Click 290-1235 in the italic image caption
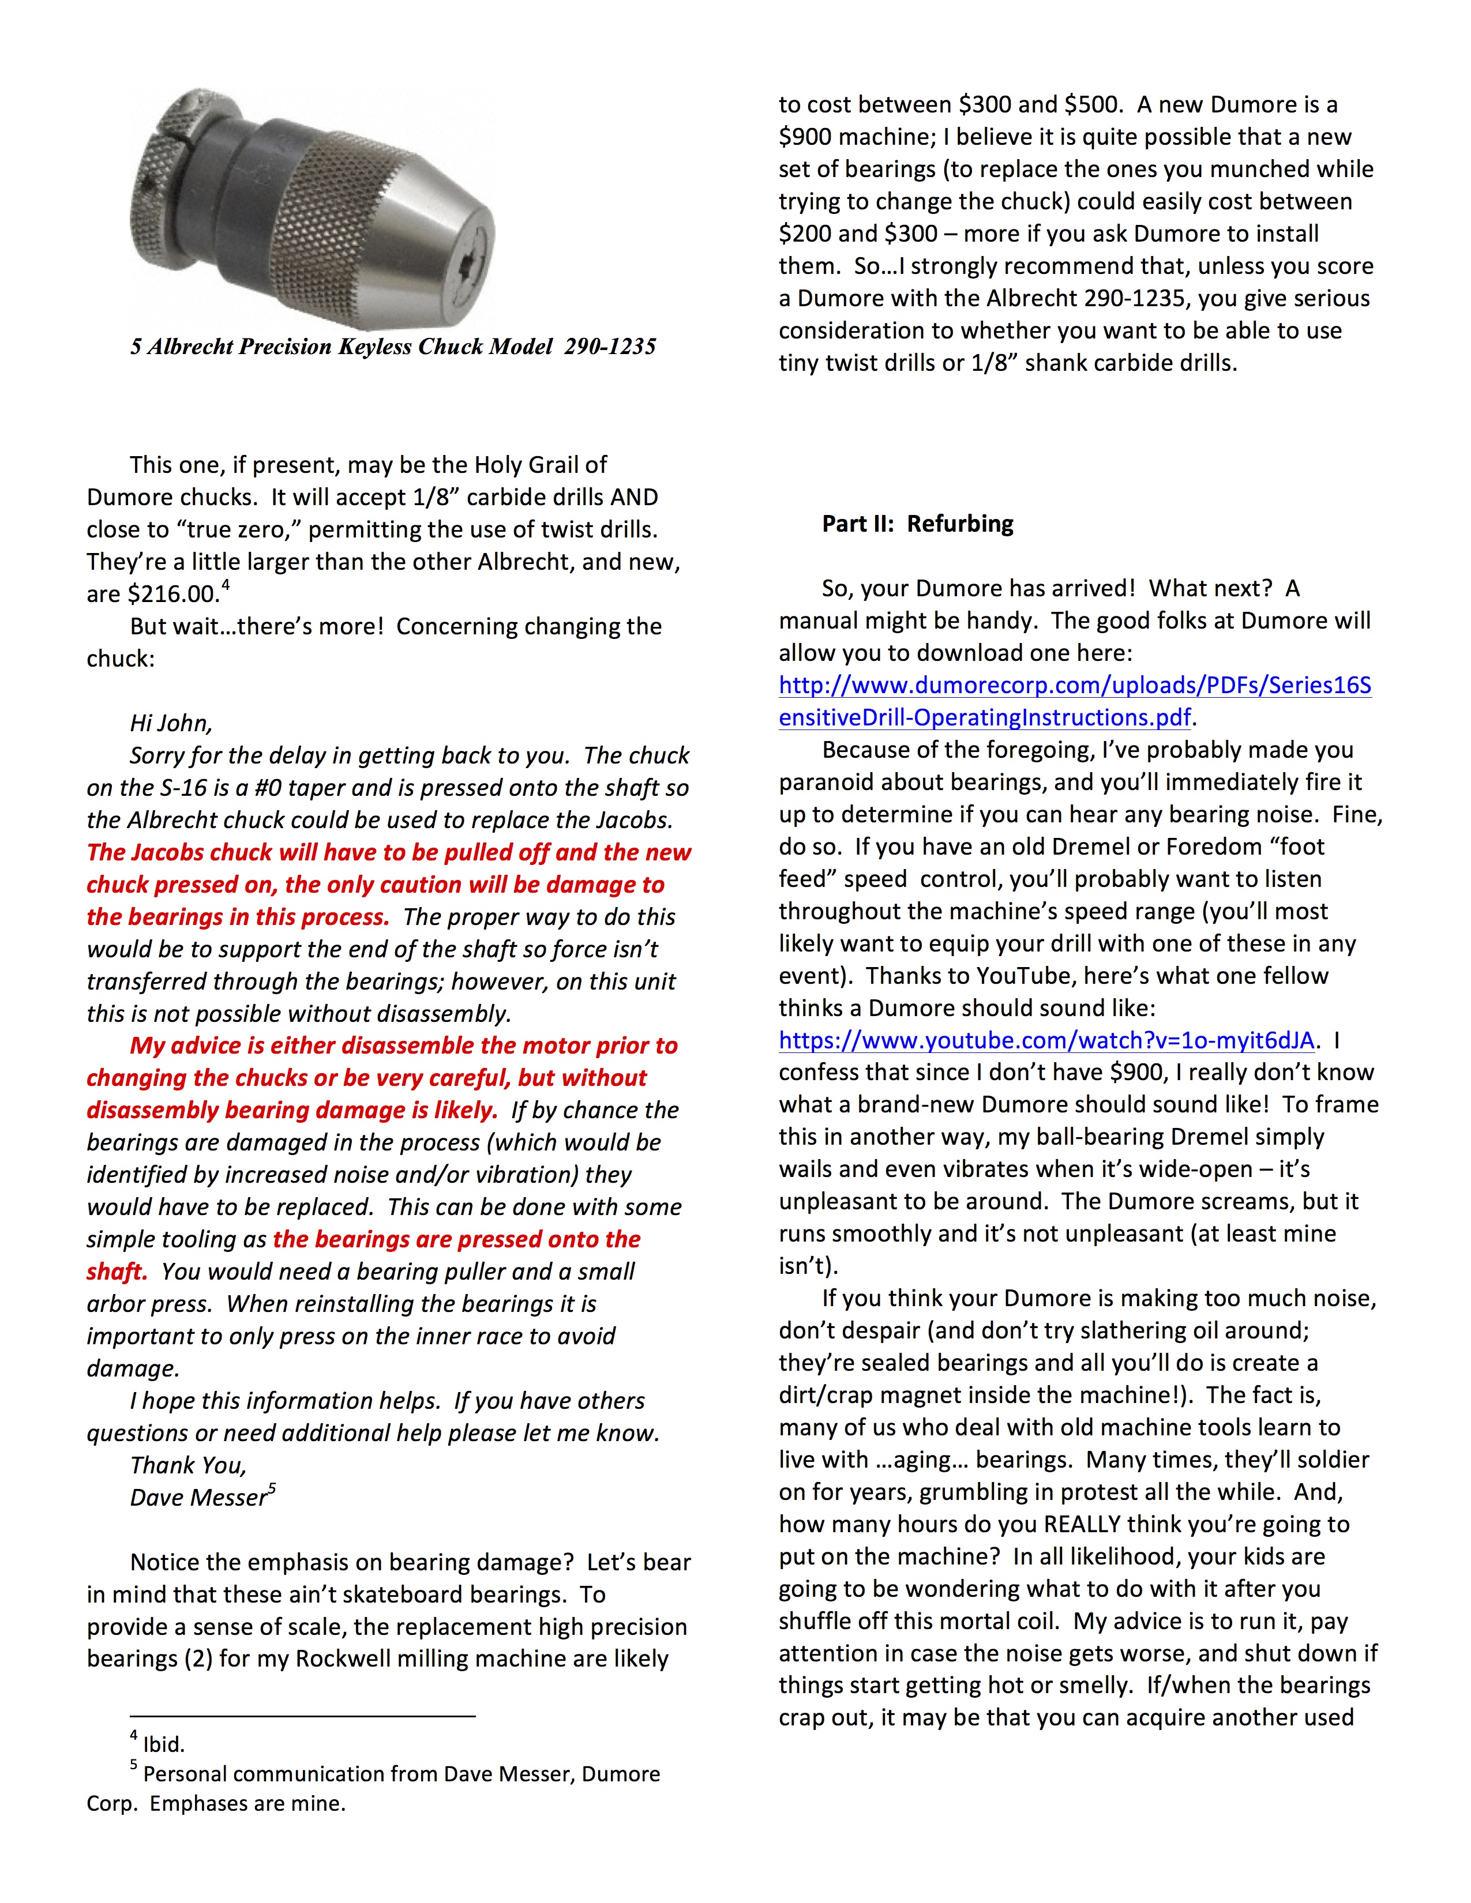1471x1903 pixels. (x=609, y=347)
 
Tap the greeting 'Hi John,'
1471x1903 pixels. (x=171, y=723)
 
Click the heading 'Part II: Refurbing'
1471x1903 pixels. (x=918, y=524)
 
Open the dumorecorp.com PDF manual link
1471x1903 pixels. (x=1075, y=701)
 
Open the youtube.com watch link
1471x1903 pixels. (x=1046, y=1040)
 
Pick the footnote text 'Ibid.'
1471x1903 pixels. (x=164, y=1744)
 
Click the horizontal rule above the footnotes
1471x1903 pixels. (x=302, y=1716)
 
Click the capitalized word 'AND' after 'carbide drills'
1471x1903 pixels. (x=633, y=498)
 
